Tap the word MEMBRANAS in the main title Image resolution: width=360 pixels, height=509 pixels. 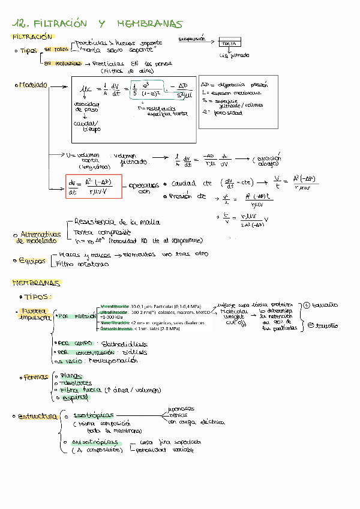coord(149,24)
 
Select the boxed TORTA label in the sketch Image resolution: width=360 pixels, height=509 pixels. coord(228,44)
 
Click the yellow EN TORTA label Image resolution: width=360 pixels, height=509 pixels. coord(56,49)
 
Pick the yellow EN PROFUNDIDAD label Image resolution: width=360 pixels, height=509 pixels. coord(62,62)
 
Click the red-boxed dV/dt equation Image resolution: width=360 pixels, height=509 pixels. coord(93,188)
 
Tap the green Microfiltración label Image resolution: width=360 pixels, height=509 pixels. coord(115,306)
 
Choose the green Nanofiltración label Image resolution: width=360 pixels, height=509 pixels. coord(115,323)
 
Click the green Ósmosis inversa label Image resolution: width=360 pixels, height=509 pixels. coord(115,329)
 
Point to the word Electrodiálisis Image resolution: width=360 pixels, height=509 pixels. coord(126,344)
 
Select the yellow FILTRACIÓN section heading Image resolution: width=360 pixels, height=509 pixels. coord(29,37)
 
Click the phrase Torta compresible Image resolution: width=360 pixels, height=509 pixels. coord(101,232)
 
